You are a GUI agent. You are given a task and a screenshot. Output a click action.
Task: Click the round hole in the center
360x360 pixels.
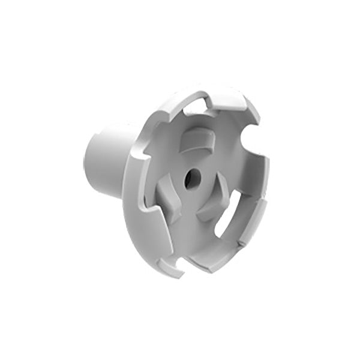(191, 178)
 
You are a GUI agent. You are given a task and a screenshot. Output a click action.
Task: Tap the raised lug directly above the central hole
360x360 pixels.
(196, 143)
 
